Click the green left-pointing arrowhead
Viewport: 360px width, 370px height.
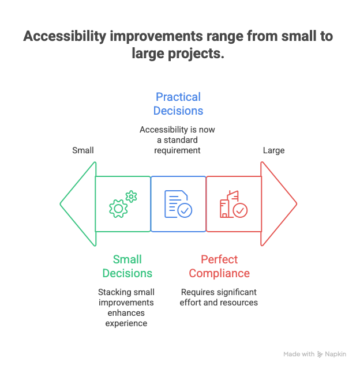coord(78,204)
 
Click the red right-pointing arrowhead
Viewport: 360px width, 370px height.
coord(278,204)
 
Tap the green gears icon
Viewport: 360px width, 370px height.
coord(123,204)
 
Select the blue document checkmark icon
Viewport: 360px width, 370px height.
coord(178,204)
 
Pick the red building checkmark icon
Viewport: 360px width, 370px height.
coord(233,204)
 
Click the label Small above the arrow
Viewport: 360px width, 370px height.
coord(83,150)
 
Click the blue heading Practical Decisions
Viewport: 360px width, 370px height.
coord(178,104)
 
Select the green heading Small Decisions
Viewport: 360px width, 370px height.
coord(127,266)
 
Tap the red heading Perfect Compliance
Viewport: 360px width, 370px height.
coord(219,266)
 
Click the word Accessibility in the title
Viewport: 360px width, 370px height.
coord(63,37)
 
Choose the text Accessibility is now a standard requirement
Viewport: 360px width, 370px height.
coord(178,139)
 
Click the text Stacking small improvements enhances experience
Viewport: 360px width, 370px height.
coord(126,308)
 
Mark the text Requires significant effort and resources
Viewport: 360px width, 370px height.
coord(219,297)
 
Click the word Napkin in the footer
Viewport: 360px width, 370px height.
coord(336,354)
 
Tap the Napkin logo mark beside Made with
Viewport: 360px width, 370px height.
coord(320,354)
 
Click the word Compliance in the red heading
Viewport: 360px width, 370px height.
coord(219,273)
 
